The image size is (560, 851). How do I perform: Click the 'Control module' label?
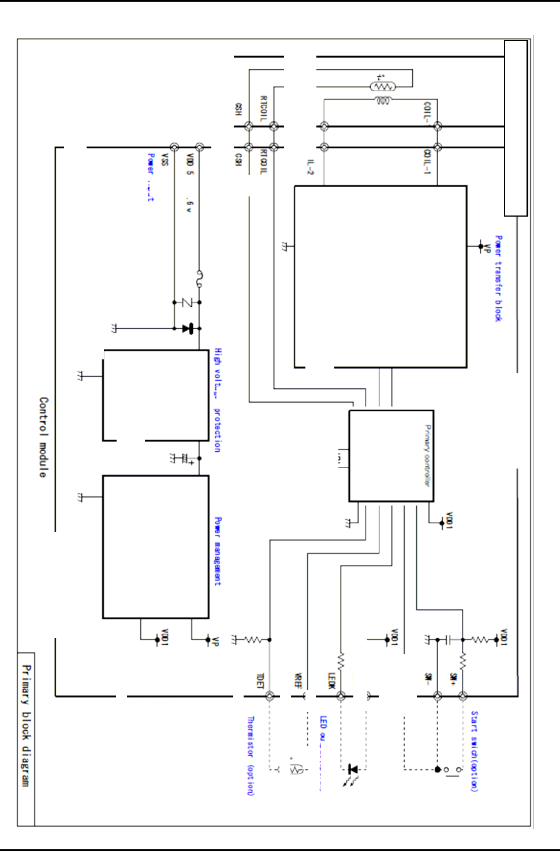43,437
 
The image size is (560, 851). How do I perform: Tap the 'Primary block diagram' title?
26,725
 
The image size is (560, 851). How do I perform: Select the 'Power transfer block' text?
499,278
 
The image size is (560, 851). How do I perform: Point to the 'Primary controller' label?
427,455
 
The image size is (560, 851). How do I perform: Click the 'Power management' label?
218,551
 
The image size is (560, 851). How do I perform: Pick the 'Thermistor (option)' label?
251,756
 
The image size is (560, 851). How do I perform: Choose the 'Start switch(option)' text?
474,751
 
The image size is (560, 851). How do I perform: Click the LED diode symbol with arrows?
353,770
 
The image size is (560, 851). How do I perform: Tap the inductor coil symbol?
383,101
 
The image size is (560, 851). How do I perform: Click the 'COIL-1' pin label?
427,162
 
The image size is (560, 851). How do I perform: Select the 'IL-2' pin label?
310,167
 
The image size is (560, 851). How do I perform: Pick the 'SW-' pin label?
428,679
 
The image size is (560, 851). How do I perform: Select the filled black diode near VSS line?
186,328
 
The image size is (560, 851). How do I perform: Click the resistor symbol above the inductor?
383,87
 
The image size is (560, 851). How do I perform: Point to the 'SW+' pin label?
454,679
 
